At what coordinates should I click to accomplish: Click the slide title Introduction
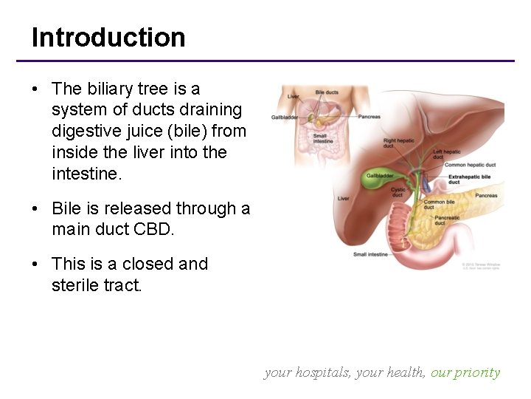tap(108, 37)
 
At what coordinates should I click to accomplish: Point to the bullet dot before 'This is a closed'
tap(35, 265)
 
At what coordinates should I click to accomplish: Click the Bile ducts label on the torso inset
tap(327, 92)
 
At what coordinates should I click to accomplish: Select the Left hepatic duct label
tap(447, 154)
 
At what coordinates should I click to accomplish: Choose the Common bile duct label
tap(439, 204)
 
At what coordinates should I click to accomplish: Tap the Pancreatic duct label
tap(447, 220)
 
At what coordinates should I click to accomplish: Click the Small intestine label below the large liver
tap(369, 254)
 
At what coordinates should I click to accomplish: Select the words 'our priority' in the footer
tap(465, 372)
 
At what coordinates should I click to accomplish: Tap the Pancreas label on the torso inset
tap(369, 117)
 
